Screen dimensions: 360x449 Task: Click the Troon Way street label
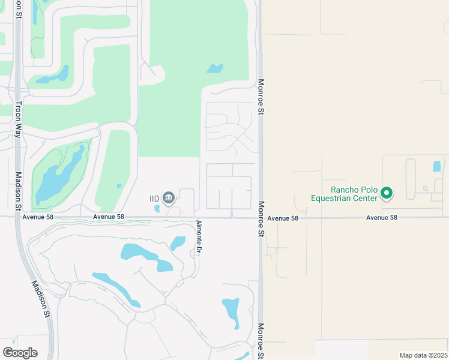(18, 119)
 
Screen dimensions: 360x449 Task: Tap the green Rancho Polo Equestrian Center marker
(387, 193)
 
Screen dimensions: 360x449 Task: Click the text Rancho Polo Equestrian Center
(345, 193)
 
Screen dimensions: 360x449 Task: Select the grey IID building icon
(169, 197)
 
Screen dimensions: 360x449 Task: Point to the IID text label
(155, 198)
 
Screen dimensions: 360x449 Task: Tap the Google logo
(20, 352)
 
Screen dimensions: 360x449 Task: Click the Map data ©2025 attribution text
(423, 355)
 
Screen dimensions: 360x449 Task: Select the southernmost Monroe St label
(261, 341)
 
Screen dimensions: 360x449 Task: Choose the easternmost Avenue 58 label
(382, 218)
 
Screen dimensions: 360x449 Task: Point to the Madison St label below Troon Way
(18, 191)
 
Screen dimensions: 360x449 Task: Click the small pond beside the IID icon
(157, 209)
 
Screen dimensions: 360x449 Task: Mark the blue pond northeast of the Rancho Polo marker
(436, 166)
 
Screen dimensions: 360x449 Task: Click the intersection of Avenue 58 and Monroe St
(261, 217)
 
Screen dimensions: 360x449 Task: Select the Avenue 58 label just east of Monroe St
(283, 218)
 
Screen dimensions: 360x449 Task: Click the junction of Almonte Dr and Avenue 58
(193, 217)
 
